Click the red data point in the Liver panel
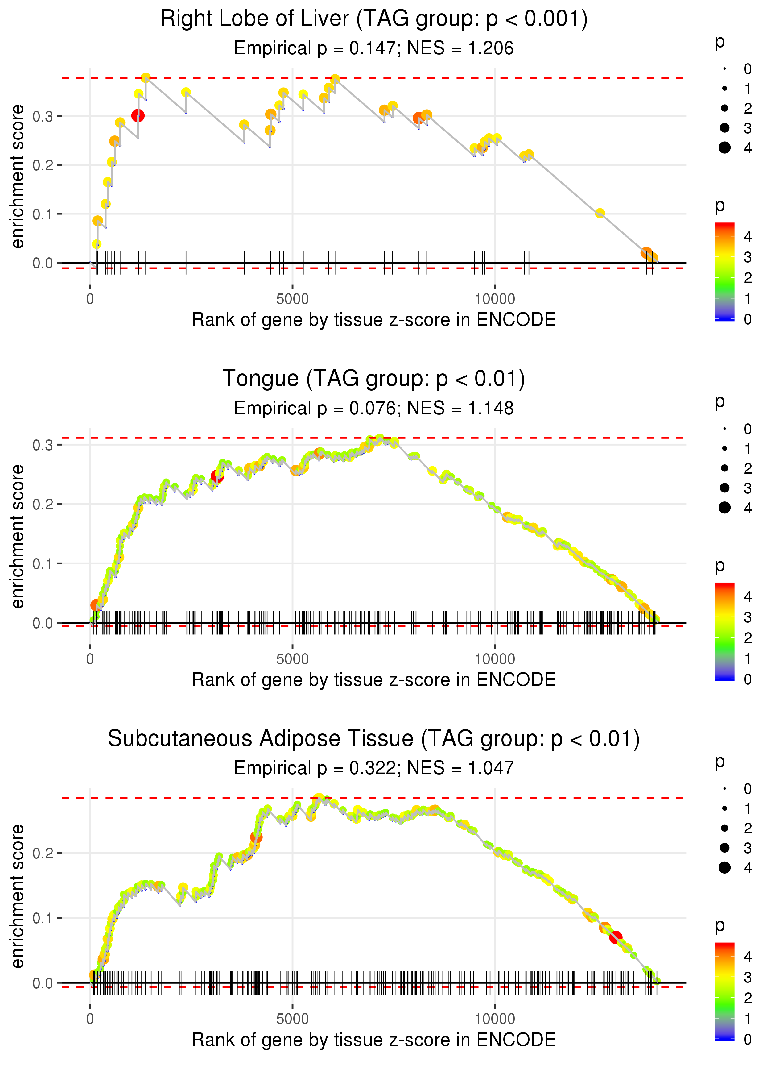point(138,115)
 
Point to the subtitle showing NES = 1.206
point(374,48)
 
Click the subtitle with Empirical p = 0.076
point(374,408)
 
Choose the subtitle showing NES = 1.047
point(374,768)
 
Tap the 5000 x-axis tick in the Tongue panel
point(292,659)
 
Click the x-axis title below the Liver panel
point(374,320)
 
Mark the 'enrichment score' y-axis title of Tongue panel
point(18,536)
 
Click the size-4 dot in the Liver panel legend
point(724,148)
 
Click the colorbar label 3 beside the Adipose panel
point(748,978)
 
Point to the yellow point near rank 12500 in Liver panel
point(600,213)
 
